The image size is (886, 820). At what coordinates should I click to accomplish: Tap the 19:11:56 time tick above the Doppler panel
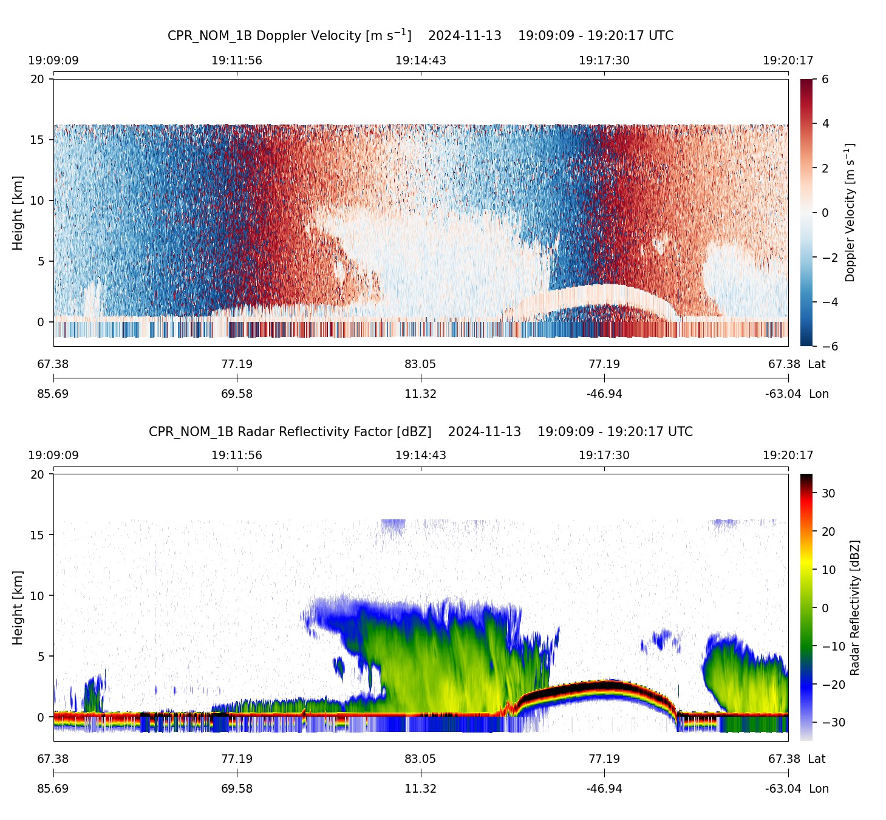pyautogui.click(x=237, y=61)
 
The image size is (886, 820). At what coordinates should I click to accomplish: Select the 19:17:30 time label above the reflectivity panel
pyautogui.click(x=604, y=456)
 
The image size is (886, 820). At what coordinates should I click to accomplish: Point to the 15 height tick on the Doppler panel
pyautogui.click(x=38, y=140)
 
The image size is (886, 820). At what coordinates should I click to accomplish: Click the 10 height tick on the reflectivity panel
pyautogui.click(x=38, y=596)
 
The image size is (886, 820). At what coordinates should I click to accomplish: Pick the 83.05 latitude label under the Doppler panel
pyautogui.click(x=420, y=364)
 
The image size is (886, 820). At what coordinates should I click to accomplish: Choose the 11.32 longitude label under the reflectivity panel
pyautogui.click(x=420, y=789)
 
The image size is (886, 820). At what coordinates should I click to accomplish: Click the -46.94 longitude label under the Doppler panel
pyautogui.click(x=604, y=394)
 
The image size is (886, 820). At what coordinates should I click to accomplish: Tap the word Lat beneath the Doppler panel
pyautogui.click(x=817, y=364)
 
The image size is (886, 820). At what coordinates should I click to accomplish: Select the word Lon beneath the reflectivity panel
pyautogui.click(x=819, y=789)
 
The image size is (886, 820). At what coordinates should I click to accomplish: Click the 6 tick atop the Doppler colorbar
pyautogui.click(x=825, y=80)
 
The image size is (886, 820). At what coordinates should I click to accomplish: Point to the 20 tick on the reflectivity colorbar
pyautogui.click(x=828, y=532)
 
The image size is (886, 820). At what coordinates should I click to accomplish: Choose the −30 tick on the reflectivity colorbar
pyautogui.click(x=830, y=723)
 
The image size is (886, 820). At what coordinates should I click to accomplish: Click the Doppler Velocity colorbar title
pyautogui.click(x=850, y=213)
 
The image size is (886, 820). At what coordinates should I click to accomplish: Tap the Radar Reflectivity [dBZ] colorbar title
pyautogui.click(x=855, y=607)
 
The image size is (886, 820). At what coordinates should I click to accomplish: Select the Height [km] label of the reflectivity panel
pyautogui.click(x=18, y=607)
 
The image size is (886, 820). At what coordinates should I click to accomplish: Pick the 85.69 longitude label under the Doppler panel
pyautogui.click(x=53, y=394)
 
